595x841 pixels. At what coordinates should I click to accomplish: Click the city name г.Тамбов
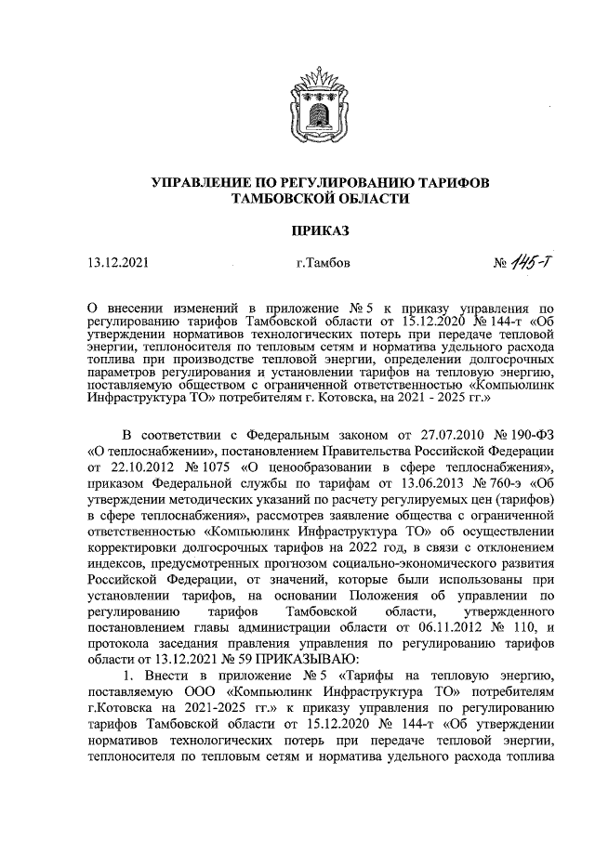pyautogui.click(x=323, y=264)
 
